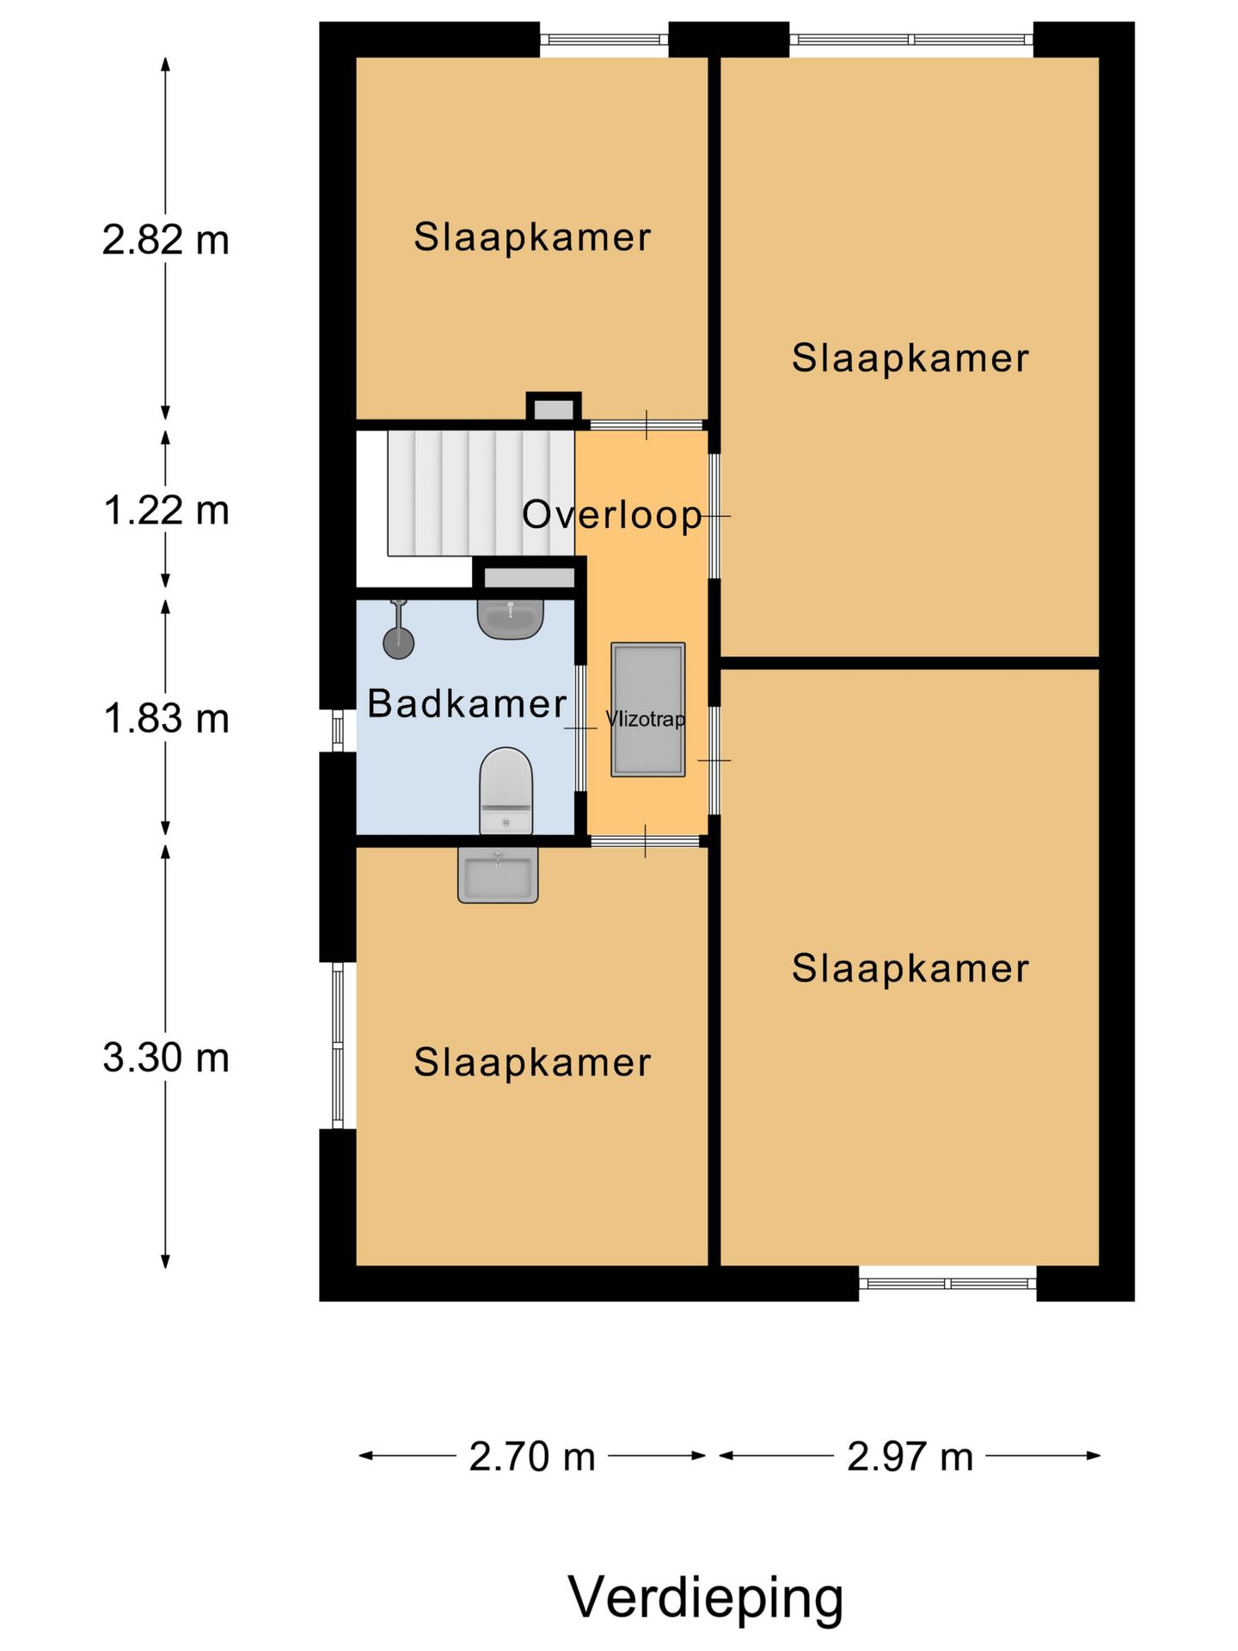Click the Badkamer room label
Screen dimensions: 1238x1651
coord(467,704)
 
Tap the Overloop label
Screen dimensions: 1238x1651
coord(612,515)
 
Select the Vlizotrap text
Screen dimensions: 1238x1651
coord(646,719)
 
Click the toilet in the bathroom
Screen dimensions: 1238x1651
coord(506,790)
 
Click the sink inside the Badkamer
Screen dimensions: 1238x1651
coord(510,619)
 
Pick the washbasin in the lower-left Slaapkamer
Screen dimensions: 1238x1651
coord(498,875)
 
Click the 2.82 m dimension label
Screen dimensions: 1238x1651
coord(166,239)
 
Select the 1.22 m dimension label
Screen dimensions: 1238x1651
coord(166,511)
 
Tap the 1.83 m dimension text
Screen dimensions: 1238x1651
coord(166,718)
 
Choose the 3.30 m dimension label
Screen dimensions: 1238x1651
coord(166,1058)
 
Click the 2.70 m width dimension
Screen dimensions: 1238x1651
coord(532,1457)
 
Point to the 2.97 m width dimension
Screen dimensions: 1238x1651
coord(910,1457)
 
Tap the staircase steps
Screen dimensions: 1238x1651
coord(481,493)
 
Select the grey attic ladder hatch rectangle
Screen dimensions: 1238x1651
coord(648,710)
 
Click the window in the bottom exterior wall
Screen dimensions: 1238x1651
coord(947,1284)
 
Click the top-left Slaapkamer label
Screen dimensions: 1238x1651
coord(532,237)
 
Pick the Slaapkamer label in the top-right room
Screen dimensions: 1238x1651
coord(910,359)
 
